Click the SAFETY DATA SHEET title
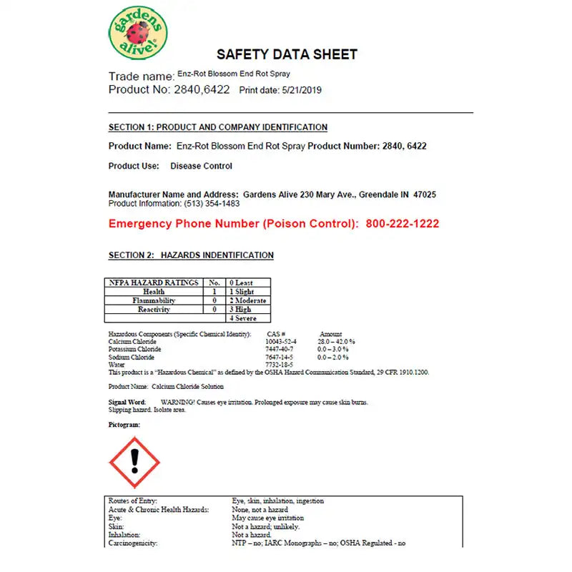[x=287, y=54]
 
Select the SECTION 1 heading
[x=217, y=127]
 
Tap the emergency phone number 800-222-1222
[x=403, y=224]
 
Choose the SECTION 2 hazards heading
[x=191, y=255]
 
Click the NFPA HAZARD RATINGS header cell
[x=154, y=283]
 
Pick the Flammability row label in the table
[x=154, y=301]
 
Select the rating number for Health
[x=214, y=292]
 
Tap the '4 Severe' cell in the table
[x=242, y=319]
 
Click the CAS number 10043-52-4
[x=280, y=342]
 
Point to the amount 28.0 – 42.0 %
[x=336, y=342]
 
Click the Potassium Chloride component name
[x=134, y=349]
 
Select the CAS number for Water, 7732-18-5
[x=279, y=365]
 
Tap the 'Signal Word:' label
[x=127, y=403]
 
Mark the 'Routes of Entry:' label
[x=132, y=501]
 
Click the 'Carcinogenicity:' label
[x=132, y=543]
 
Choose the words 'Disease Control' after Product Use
[x=201, y=166]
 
